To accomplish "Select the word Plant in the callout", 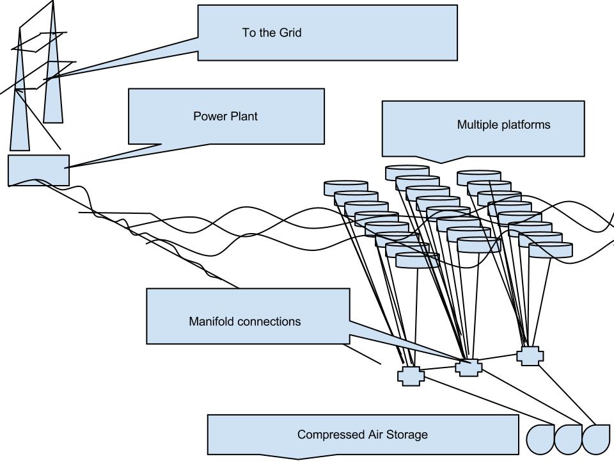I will click(x=244, y=117).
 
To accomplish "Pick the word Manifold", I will click(x=211, y=321).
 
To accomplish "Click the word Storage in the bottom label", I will click(x=407, y=435).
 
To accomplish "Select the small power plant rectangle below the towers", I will click(x=38, y=170).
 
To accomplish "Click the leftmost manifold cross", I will click(x=411, y=376).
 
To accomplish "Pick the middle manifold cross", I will click(x=467, y=367).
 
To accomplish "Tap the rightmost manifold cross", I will click(x=529, y=356).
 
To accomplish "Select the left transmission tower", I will click(x=20, y=109).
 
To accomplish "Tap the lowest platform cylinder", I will click(x=418, y=260).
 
